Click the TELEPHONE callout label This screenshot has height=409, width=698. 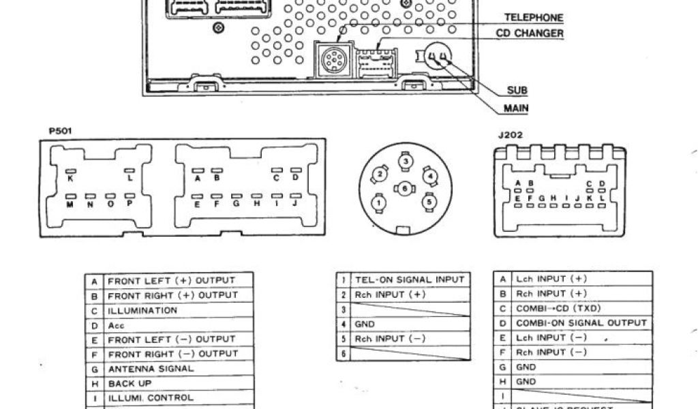(x=533, y=18)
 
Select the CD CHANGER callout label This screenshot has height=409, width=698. (x=530, y=33)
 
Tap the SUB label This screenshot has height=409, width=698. (x=517, y=91)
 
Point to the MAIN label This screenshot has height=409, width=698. (x=516, y=108)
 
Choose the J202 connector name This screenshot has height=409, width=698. (x=510, y=135)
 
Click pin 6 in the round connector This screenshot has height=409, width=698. (x=406, y=187)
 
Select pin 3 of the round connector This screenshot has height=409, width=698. (x=406, y=161)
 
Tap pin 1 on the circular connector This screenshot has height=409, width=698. (x=378, y=201)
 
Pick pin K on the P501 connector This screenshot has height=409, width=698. (x=70, y=179)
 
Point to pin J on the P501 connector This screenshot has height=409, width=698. (x=295, y=203)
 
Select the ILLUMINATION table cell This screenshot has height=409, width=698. (x=142, y=310)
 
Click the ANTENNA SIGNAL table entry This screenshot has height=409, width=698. (x=151, y=369)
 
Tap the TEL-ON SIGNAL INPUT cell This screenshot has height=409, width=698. (x=409, y=279)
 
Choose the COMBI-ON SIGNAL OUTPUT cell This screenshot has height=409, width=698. (x=581, y=322)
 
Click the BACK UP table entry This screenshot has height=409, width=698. (x=130, y=384)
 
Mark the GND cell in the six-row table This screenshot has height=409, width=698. (x=365, y=324)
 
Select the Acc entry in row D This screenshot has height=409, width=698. (x=116, y=325)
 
